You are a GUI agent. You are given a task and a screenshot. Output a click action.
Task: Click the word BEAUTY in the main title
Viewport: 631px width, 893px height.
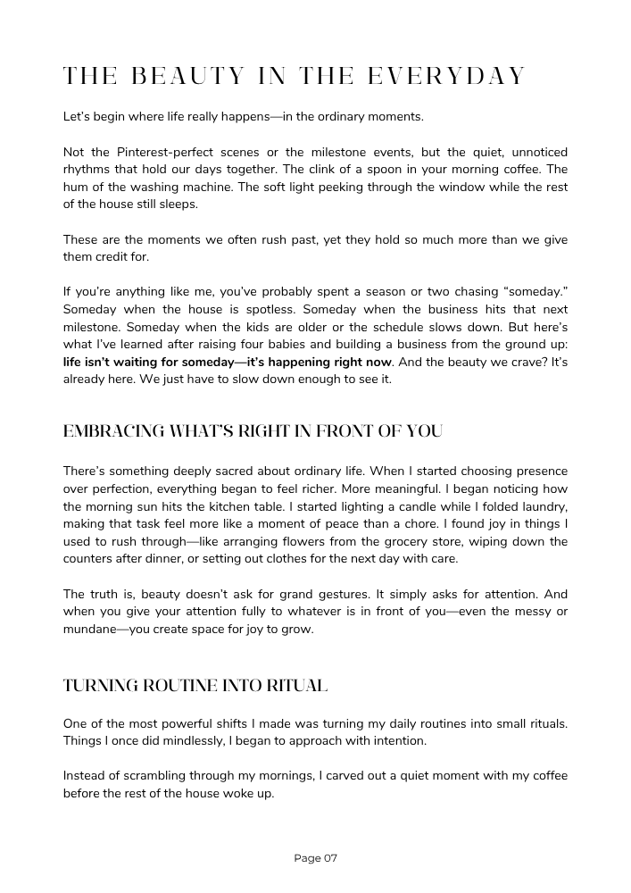tap(187, 76)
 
